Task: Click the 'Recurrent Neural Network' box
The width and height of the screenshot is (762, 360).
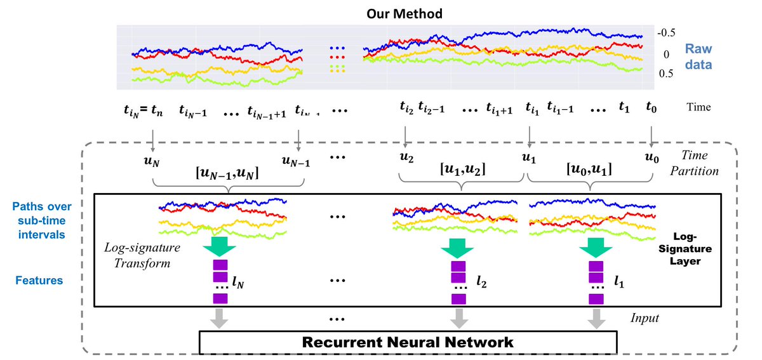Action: (408, 342)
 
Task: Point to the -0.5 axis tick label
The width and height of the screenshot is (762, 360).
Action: (667, 33)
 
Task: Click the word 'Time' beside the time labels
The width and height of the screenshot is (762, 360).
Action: (698, 108)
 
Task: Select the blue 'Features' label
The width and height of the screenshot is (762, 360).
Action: (42, 279)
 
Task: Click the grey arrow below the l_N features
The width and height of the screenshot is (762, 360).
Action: (220, 319)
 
